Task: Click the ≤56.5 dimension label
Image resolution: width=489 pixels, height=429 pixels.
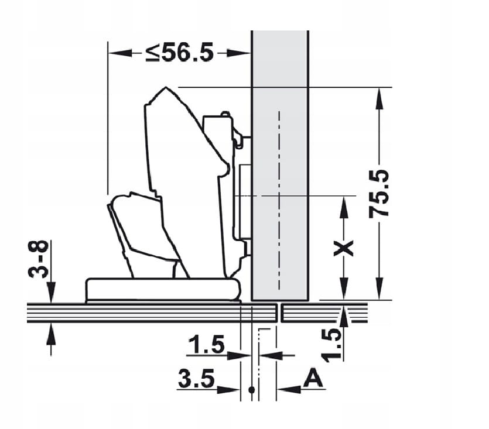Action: click(180, 52)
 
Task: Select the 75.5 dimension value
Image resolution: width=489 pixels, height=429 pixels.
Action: click(379, 193)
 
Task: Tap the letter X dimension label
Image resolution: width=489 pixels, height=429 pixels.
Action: click(343, 248)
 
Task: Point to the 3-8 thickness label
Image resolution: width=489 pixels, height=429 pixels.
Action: click(39, 259)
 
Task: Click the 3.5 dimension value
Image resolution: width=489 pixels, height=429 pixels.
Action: click(196, 378)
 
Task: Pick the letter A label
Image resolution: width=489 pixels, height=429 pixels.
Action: click(313, 378)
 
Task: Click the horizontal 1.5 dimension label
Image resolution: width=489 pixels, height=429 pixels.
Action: click(206, 344)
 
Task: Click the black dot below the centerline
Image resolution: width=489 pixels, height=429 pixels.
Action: click(251, 390)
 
